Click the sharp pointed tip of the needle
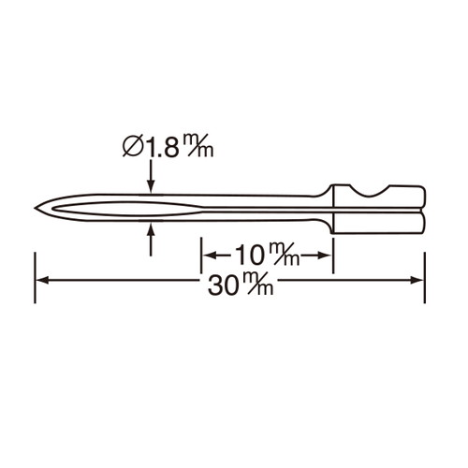click(34, 208)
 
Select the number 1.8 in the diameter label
click(162, 146)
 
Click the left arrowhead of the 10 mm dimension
click(208, 254)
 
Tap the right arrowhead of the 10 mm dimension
click(327, 254)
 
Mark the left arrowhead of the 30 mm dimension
click(41, 278)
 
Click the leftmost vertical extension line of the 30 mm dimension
click(36, 276)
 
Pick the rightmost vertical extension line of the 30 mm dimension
click(424, 276)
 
